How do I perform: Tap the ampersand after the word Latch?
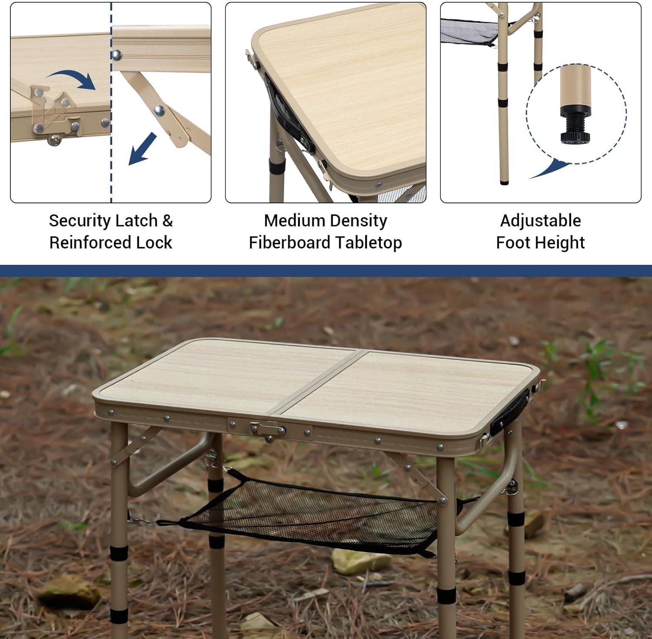pyautogui.click(x=167, y=221)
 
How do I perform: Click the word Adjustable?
pyautogui.click(x=540, y=221)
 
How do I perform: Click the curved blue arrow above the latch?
pyautogui.click(x=72, y=79)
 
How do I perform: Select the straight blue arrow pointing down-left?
pyautogui.click(x=142, y=149)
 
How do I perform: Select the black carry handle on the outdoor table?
pyautogui.click(x=510, y=412)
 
